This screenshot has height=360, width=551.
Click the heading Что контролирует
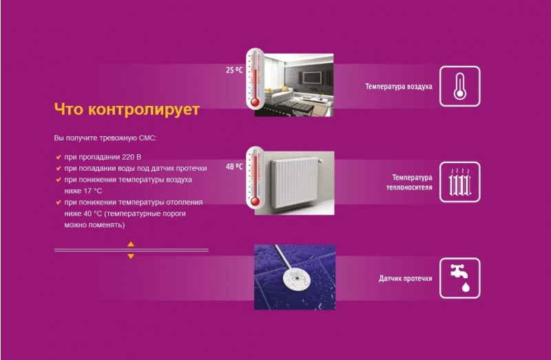click(127, 109)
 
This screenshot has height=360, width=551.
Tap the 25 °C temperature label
click(234, 70)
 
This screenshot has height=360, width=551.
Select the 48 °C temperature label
click(234, 166)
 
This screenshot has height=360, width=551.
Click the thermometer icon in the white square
click(459, 86)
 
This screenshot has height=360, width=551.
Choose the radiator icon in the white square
click(459, 182)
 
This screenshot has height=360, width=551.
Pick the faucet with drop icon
click(460, 278)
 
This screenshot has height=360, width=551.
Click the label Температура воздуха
click(399, 87)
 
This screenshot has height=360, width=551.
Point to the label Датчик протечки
click(406, 279)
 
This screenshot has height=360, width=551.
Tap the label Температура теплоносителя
click(409, 182)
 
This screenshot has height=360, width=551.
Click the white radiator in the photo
click(295, 182)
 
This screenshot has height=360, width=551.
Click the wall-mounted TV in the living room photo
click(312, 77)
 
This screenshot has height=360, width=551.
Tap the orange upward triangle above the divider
click(131, 244)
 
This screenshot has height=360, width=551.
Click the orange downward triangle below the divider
click(131, 256)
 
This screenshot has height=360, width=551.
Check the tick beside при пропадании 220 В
click(59, 157)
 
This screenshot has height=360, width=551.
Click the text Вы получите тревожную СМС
click(105, 138)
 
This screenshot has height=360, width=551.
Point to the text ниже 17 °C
click(83, 191)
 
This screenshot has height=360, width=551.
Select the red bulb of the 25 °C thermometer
click(255, 103)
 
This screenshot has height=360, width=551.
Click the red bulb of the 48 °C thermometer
click(255, 202)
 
